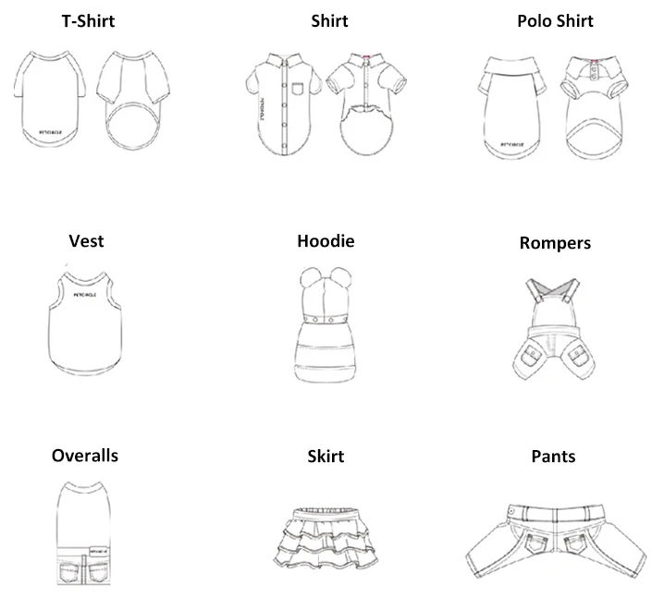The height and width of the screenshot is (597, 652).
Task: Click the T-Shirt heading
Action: (x=88, y=21)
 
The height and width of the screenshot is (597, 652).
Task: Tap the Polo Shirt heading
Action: (x=555, y=21)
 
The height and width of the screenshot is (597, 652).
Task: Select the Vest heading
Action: (x=86, y=242)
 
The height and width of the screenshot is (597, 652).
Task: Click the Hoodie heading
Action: (x=326, y=242)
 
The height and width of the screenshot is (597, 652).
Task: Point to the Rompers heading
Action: (x=555, y=244)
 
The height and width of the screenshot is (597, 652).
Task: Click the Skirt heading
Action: (x=326, y=457)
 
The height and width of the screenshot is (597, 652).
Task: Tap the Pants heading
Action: (x=553, y=457)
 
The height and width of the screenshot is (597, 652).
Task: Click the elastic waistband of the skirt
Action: (x=325, y=510)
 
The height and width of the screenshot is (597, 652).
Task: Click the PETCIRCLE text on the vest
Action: (x=85, y=295)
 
